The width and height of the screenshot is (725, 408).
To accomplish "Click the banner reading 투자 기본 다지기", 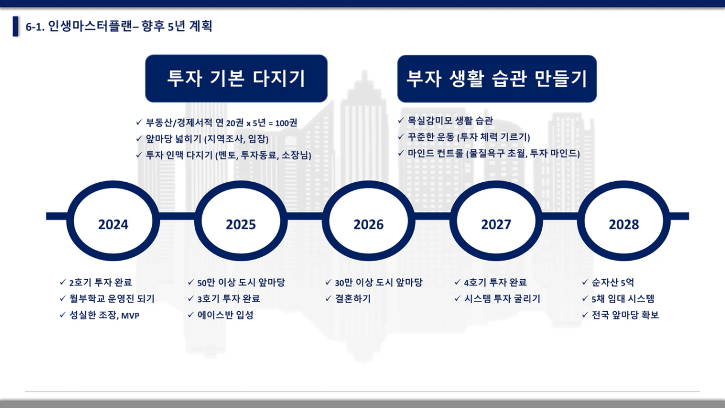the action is pos(237,79).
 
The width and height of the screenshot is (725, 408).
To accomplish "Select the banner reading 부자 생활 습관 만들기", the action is pos(497,79).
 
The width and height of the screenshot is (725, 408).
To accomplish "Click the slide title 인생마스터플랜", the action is pos(90,26).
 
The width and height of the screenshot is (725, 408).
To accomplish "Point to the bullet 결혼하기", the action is pos(353,299).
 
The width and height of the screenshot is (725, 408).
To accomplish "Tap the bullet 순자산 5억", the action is pos(613,283).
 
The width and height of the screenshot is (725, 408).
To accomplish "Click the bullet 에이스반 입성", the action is pos(225,315).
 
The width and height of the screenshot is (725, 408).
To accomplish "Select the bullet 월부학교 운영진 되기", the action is pos(112,299).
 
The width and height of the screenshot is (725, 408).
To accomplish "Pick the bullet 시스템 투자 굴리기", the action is pos(502,299).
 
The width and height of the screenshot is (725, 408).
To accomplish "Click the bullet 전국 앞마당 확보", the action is pos(625,315).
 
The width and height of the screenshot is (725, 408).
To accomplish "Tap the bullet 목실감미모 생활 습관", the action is pos(450,121).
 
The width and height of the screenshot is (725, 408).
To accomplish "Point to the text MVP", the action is pos(130,316).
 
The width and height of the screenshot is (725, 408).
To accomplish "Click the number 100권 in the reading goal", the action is pos(286,123).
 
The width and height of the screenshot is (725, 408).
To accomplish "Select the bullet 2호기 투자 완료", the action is pos(101,283).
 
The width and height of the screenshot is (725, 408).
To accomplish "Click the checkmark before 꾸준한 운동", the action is pos(401,136).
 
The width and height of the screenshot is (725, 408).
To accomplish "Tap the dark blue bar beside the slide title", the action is pos(15,26).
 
